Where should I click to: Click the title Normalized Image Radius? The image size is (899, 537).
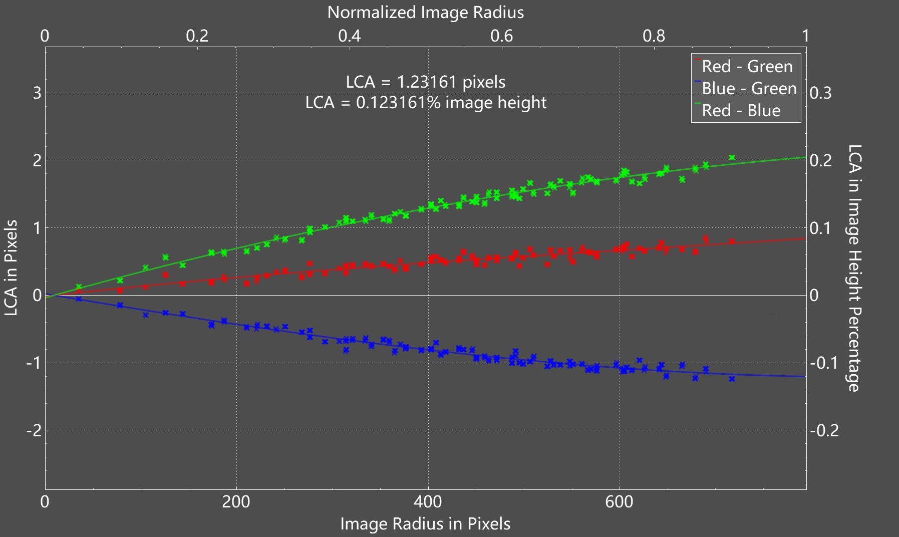click(x=426, y=13)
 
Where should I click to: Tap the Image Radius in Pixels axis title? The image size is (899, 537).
click(x=425, y=524)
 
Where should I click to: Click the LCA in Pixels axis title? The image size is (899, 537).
click(x=11, y=268)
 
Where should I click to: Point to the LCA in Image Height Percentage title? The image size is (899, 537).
click(x=854, y=268)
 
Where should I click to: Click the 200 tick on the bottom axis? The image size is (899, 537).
click(x=236, y=502)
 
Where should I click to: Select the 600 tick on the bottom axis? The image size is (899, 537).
click(x=619, y=502)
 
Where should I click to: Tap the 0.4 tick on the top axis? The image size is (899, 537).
click(x=349, y=36)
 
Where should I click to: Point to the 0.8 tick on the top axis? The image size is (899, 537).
click(x=654, y=36)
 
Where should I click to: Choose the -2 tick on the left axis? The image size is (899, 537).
click(x=34, y=430)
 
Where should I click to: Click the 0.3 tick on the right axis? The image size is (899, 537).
click(x=820, y=93)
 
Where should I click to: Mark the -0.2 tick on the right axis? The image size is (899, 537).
click(x=824, y=430)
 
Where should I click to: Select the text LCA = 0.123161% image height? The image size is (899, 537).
click(x=426, y=103)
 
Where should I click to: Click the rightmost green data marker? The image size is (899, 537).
click(x=732, y=158)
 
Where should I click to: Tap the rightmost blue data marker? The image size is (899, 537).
click(x=732, y=379)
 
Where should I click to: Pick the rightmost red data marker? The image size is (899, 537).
click(x=732, y=241)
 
